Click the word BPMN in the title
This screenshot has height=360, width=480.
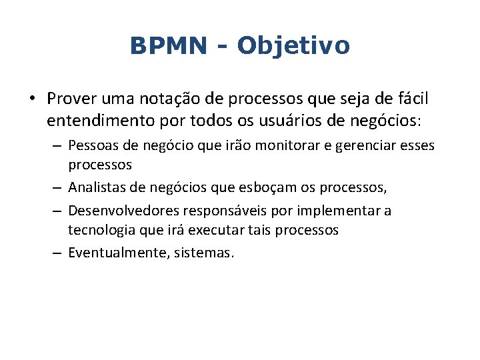point(169,46)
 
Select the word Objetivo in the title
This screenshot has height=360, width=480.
point(293,46)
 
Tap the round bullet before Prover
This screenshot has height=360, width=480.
point(31,99)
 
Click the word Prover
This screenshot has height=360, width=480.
point(72,99)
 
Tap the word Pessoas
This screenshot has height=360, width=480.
point(93,145)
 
